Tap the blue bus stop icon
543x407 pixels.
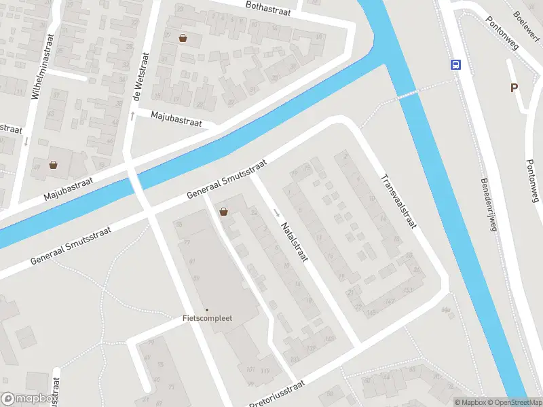tap(455, 65)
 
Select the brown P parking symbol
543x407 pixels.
tap(514, 88)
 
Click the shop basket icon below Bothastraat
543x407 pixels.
tap(183, 38)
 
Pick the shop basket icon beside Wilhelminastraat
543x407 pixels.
tap(54, 164)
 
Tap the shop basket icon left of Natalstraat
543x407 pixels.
tap(223, 212)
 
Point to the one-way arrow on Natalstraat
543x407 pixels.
tap(277, 213)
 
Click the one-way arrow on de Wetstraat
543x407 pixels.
tap(132, 116)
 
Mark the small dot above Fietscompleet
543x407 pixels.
tap(207, 310)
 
